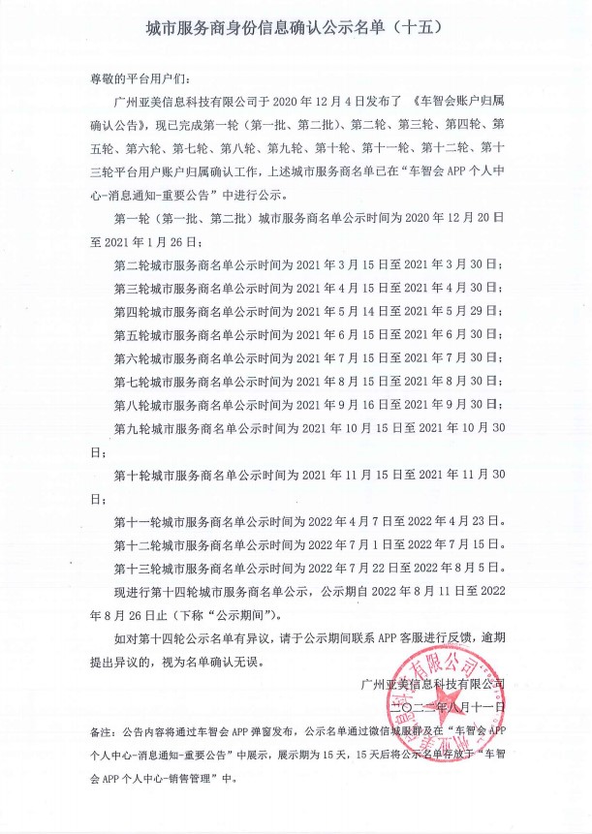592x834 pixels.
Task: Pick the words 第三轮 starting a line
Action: [x=133, y=288]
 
